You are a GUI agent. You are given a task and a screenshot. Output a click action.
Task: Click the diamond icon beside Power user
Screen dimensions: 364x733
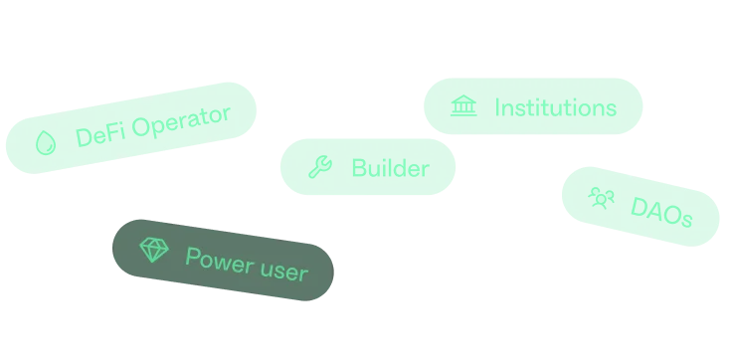click(152, 250)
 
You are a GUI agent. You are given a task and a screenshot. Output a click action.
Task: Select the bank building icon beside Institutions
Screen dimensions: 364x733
click(462, 106)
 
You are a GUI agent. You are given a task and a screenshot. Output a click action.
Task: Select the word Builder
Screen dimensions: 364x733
click(390, 168)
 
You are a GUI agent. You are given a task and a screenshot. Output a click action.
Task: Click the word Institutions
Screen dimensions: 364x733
click(555, 106)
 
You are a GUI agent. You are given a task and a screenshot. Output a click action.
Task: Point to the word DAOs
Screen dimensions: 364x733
click(661, 213)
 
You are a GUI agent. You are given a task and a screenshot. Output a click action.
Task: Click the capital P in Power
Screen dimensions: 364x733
click(192, 256)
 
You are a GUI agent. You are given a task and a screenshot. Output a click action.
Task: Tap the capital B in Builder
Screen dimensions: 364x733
click(358, 168)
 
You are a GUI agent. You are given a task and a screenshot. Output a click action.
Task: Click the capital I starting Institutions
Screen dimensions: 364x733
click(497, 106)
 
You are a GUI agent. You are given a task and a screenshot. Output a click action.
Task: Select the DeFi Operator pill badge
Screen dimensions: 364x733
click(131, 127)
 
